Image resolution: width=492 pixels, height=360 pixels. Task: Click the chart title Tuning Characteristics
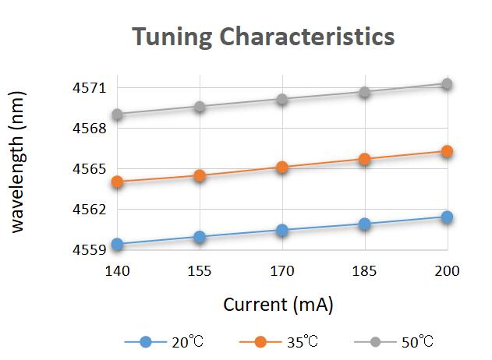(263, 37)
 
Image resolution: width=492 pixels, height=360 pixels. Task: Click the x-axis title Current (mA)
(278, 305)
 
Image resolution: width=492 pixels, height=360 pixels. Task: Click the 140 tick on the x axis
(117, 271)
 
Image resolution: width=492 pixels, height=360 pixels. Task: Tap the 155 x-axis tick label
(200, 271)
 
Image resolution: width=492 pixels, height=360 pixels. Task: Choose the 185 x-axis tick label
(364, 271)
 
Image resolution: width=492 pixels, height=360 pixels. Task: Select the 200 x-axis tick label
(447, 271)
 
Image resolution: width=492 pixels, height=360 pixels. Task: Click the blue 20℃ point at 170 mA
(281, 230)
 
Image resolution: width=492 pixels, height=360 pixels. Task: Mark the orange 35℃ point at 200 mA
(447, 151)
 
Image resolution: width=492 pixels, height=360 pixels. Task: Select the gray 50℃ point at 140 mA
(117, 114)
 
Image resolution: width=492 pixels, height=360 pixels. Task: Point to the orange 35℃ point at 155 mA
(200, 175)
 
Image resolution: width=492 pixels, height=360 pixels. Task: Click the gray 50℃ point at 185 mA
(364, 92)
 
